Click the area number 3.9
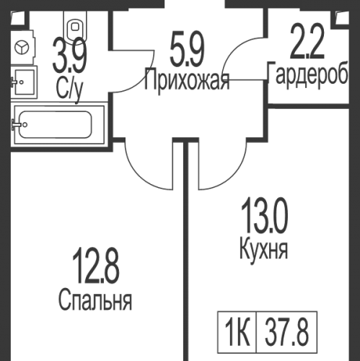(70, 56)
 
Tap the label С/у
(71, 87)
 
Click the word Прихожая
(186, 79)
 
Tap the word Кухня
(263, 251)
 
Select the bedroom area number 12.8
(96, 265)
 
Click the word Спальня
(96, 300)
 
